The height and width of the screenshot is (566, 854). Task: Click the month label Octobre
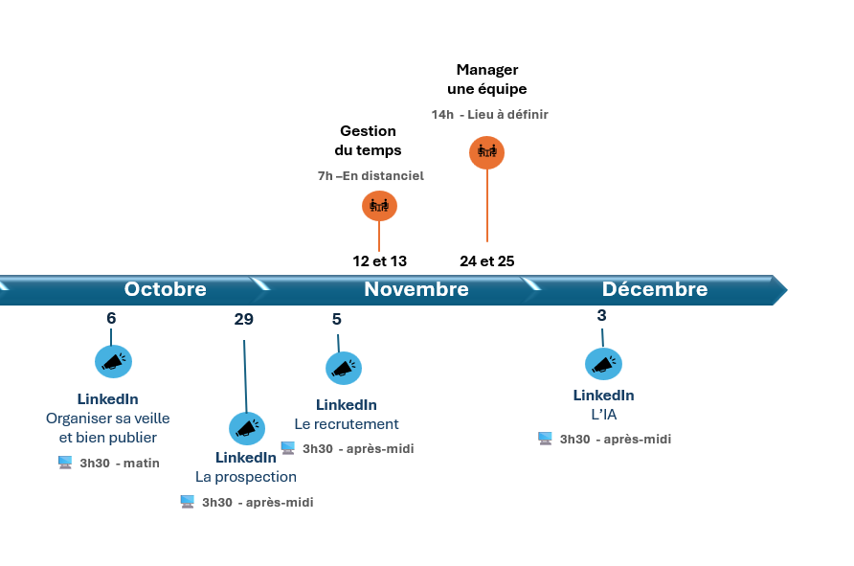(x=165, y=288)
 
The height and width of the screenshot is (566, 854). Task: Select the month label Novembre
(x=416, y=288)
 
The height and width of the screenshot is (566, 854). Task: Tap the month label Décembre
(x=655, y=288)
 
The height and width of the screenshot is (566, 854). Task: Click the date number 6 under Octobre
(x=111, y=318)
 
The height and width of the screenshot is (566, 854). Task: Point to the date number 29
(x=243, y=319)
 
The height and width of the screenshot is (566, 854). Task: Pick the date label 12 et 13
(x=380, y=261)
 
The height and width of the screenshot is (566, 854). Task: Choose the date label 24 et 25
(x=487, y=261)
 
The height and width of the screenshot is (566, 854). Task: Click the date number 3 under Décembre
(x=601, y=315)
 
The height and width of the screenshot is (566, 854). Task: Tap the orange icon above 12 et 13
(x=380, y=206)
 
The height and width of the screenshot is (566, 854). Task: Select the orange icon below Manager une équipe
(x=487, y=152)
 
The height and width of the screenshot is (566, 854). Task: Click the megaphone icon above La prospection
(x=247, y=428)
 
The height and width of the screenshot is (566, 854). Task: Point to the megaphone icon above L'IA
(x=603, y=364)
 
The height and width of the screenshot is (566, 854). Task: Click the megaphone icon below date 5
(x=344, y=369)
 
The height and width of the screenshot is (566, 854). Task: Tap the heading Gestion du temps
(x=369, y=141)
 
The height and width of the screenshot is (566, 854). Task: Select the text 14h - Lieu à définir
(x=489, y=114)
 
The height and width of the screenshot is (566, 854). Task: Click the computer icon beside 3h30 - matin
(x=65, y=463)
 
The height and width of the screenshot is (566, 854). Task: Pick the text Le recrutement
(x=347, y=424)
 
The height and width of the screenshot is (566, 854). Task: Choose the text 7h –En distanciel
(x=371, y=175)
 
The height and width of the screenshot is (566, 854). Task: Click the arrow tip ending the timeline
(x=788, y=290)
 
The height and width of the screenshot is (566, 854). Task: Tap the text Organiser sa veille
(x=108, y=419)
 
